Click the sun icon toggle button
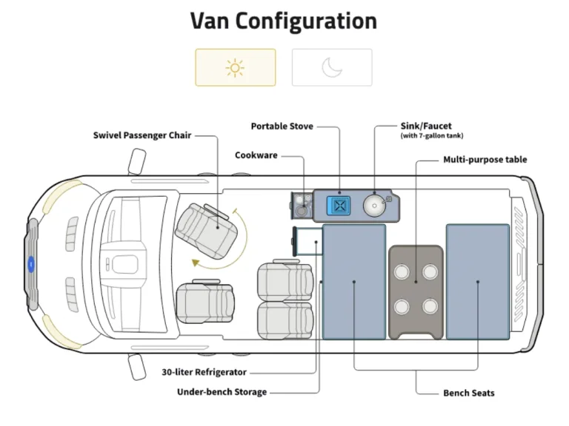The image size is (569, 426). click(x=236, y=67)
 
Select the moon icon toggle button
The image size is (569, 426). click(x=332, y=67)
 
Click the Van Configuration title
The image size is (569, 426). click(x=284, y=21)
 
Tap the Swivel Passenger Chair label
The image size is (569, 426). click(x=142, y=135)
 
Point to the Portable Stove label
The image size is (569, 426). click(x=282, y=126)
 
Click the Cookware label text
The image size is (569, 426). click(x=256, y=155)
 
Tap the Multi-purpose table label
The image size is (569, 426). click(x=485, y=159)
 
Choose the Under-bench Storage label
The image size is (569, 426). click(x=222, y=391)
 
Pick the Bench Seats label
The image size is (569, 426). click(x=469, y=392)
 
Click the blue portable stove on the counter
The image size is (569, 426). click(x=340, y=204)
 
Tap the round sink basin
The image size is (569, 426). click(x=375, y=205)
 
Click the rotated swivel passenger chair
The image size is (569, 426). click(x=207, y=223)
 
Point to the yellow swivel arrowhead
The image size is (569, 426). click(x=196, y=263)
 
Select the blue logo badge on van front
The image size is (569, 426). click(x=32, y=263)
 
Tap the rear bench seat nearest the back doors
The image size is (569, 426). click(x=478, y=281)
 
